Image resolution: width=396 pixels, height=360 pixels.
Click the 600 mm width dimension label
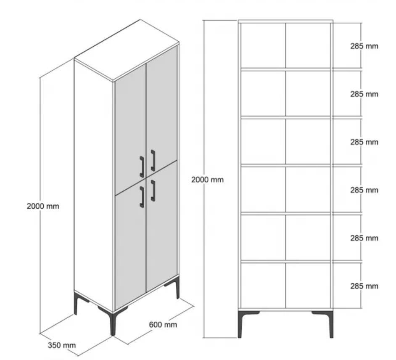point(163,325)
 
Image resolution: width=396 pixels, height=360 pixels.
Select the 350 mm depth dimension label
point(62,345)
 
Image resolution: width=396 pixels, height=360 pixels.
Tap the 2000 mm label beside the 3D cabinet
point(43,206)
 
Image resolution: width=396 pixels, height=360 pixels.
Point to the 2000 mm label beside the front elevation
point(207,180)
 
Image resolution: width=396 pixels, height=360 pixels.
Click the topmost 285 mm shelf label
point(364,46)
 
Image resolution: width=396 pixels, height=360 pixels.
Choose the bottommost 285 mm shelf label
point(364,286)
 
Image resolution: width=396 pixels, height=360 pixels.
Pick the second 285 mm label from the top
point(364,94)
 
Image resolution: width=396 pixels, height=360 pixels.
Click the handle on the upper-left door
point(142,167)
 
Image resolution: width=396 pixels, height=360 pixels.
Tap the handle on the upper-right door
point(153,160)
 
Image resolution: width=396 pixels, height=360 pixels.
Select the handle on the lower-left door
point(142,197)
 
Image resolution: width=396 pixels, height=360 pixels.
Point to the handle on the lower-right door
point(153,191)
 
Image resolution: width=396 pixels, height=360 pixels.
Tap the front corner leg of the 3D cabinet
point(112,324)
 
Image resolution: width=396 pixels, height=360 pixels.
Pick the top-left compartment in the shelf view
point(263,45)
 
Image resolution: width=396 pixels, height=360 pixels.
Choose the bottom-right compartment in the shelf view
point(308,286)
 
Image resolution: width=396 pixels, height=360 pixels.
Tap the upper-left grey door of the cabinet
point(130,129)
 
